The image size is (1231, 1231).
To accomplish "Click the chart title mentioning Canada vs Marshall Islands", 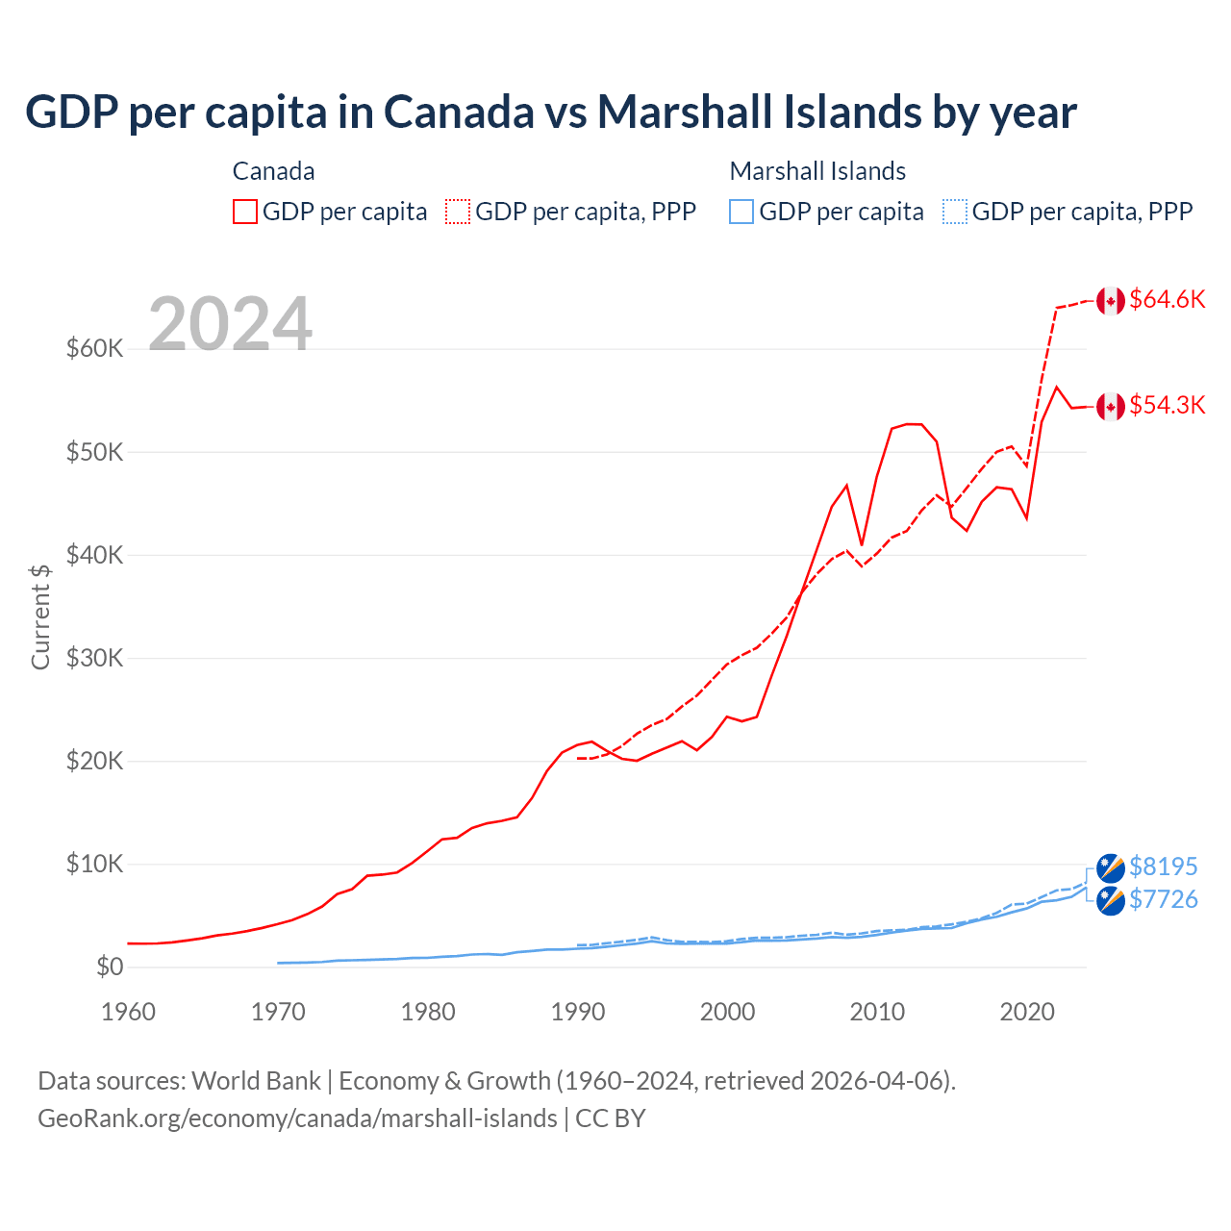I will [x=550, y=113].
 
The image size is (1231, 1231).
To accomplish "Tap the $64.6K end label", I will [x=1167, y=299].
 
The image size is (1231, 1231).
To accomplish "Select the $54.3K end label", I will [x=1167, y=405].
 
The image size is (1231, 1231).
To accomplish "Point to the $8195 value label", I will [x=1163, y=867].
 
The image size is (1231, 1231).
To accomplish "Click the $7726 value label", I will [x=1163, y=899].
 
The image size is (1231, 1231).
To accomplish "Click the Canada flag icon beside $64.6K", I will [x=1111, y=300].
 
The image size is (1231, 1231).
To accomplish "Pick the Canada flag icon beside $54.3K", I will [x=1111, y=406].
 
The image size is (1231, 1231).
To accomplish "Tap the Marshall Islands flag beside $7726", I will [x=1111, y=901].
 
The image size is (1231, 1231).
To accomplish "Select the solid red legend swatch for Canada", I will [x=245, y=212].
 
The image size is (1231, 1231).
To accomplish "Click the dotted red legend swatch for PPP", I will [x=458, y=212].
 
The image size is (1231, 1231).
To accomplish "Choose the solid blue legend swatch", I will [x=741, y=212].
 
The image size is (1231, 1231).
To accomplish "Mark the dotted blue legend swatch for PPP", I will [x=955, y=212].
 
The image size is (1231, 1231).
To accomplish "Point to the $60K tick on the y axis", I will [x=95, y=348].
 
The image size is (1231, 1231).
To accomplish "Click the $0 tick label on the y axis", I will [x=110, y=967].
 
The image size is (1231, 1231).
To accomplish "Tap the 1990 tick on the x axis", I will [x=578, y=1012].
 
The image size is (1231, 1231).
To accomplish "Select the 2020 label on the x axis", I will [x=1027, y=1012].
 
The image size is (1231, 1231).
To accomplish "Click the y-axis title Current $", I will [x=40, y=616].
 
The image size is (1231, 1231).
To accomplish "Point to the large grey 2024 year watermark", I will [x=230, y=324].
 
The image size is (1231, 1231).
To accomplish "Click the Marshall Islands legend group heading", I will [x=817, y=171].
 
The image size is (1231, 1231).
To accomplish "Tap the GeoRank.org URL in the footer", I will [x=297, y=1118].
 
